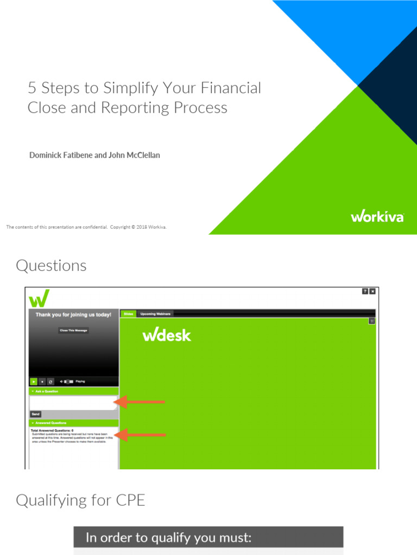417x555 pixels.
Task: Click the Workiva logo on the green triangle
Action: [377, 217]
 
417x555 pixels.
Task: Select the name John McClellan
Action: [133, 156]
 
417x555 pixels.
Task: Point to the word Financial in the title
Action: [231, 88]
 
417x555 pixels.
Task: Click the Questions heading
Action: [51, 266]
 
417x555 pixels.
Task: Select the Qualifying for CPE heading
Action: [80, 500]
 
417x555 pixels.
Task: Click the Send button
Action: [35, 414]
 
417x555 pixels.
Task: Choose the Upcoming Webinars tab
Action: [155, 314]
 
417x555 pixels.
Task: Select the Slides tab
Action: [128, 314]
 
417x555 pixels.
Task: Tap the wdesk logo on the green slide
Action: [167, 335]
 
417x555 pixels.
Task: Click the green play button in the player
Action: [34, 382]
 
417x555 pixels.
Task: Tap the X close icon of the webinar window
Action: [372, 292]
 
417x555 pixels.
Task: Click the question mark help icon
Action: [365, 292]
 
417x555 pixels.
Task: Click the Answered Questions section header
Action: [52, 423]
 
